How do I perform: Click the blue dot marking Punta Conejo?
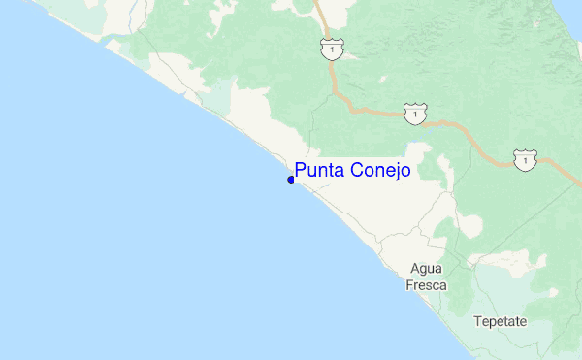click(291, 180)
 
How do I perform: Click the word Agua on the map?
click(427, 269)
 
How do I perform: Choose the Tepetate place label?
click(500, 321)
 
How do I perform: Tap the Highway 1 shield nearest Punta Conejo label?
click(415, 115)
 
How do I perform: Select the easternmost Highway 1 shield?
click(525, 160)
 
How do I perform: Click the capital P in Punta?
click(301, 171)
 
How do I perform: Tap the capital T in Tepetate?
click(477, 321)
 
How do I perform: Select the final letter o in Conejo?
click(404, 172)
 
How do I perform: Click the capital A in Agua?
click(414, 269)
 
